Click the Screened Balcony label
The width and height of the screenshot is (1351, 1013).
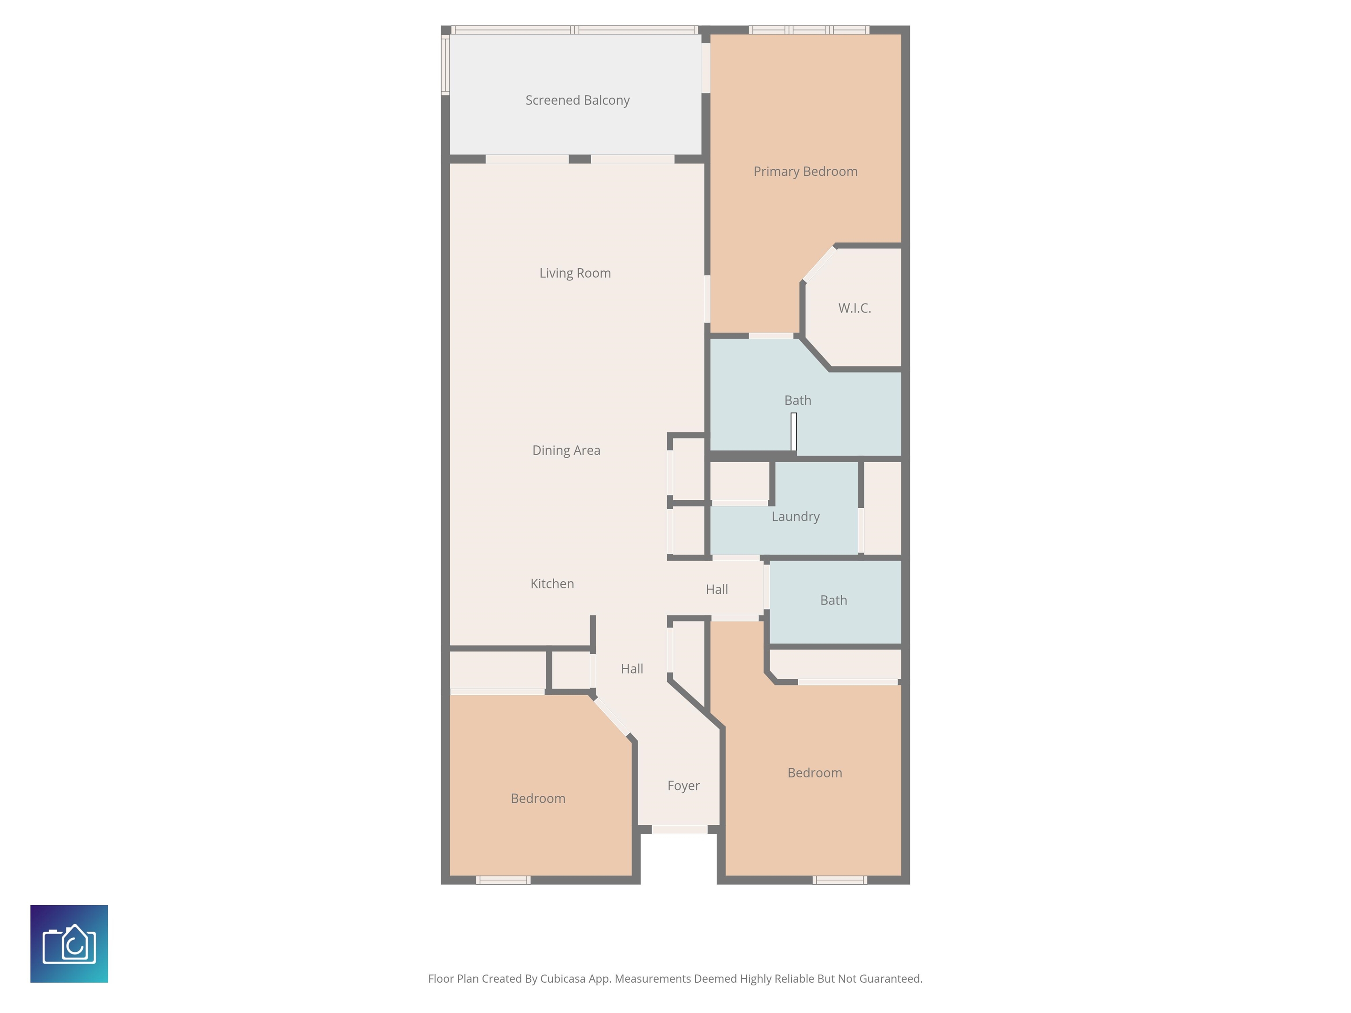pos(577,100)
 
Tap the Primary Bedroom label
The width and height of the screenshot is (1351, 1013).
pos(805,171)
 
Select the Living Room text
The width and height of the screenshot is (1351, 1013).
pos(575,273)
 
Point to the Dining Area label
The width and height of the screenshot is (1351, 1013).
pos(566,450)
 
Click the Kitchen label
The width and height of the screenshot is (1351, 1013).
pos(552,584)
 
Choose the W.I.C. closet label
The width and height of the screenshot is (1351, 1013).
pos(854,308)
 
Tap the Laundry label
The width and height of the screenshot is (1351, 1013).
pos(795,517)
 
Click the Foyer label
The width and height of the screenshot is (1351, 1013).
pos(683,785)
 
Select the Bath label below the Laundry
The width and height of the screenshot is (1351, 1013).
pos(833,600)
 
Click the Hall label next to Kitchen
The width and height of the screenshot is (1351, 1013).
pos(716,589)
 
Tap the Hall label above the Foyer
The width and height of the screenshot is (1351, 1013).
pos(632,669)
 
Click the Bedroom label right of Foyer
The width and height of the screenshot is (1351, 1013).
pos(814,773)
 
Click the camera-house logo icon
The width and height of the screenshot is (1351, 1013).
pos(69,944)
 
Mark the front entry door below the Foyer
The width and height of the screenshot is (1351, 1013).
pos(679,829)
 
